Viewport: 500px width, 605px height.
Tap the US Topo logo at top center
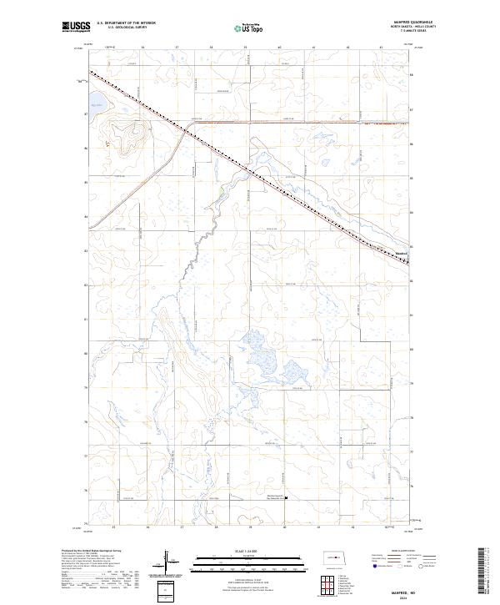(x=246, y=28)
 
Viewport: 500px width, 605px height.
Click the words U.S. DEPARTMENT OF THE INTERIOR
(x=126, y=23)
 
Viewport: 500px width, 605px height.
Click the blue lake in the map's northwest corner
(x=97, y=106)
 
